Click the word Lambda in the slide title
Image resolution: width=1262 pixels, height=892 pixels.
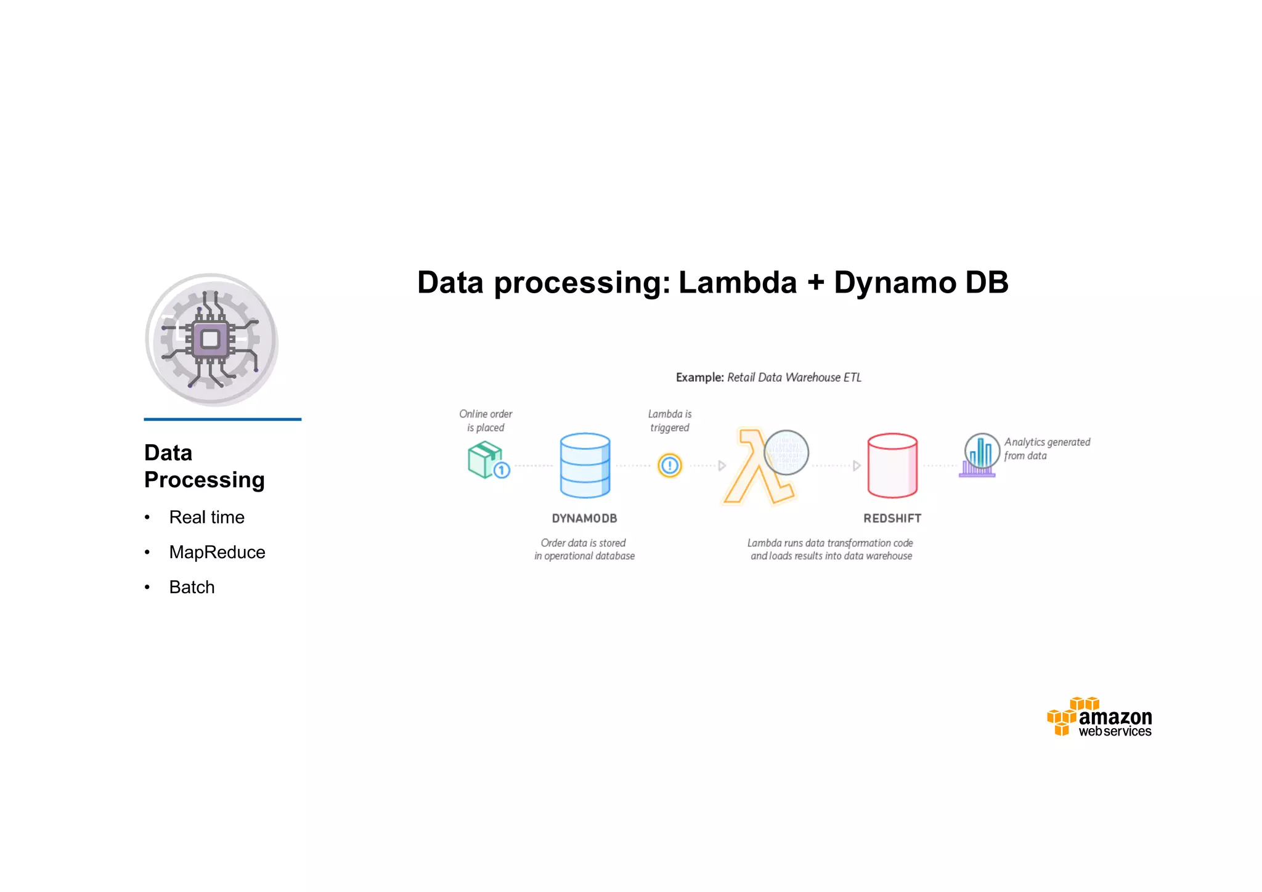(x=737, y=283)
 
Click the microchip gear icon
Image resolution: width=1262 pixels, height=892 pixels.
(x=211, y=339)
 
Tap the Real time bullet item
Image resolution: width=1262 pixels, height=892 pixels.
(x=206, y=517)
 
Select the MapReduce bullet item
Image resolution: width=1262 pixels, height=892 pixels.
(x=217, y=553)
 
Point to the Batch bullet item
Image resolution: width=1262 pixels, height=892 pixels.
(x=192, y=588)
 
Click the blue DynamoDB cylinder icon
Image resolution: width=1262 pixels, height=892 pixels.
(x=585, y=465)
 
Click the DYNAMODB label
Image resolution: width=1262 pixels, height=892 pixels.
(x=584, y=519)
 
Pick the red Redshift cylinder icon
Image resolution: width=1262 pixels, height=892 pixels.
(x=892, y=465)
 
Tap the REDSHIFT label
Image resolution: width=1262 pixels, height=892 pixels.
(x=892, y=519)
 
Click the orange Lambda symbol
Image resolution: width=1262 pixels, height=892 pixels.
(x=755, y=468)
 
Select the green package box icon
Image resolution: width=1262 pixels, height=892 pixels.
(x=485, y=460)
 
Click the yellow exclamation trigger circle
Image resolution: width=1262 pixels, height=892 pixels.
(x=669, y=466)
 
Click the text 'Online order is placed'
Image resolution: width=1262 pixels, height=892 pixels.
(x=486, y=421)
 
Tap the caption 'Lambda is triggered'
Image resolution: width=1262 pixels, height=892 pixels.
(x=670, y=421)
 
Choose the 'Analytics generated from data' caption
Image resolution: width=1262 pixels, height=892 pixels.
(x=1046, y=449)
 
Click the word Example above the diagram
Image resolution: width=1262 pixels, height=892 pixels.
(x=699, y=378)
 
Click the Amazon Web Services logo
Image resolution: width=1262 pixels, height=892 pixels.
(x=1099, y=718)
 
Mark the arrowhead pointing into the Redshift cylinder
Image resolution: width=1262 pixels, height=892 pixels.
(x=856, y=466)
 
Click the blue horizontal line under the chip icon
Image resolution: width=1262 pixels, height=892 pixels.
(x=222, y=420)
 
